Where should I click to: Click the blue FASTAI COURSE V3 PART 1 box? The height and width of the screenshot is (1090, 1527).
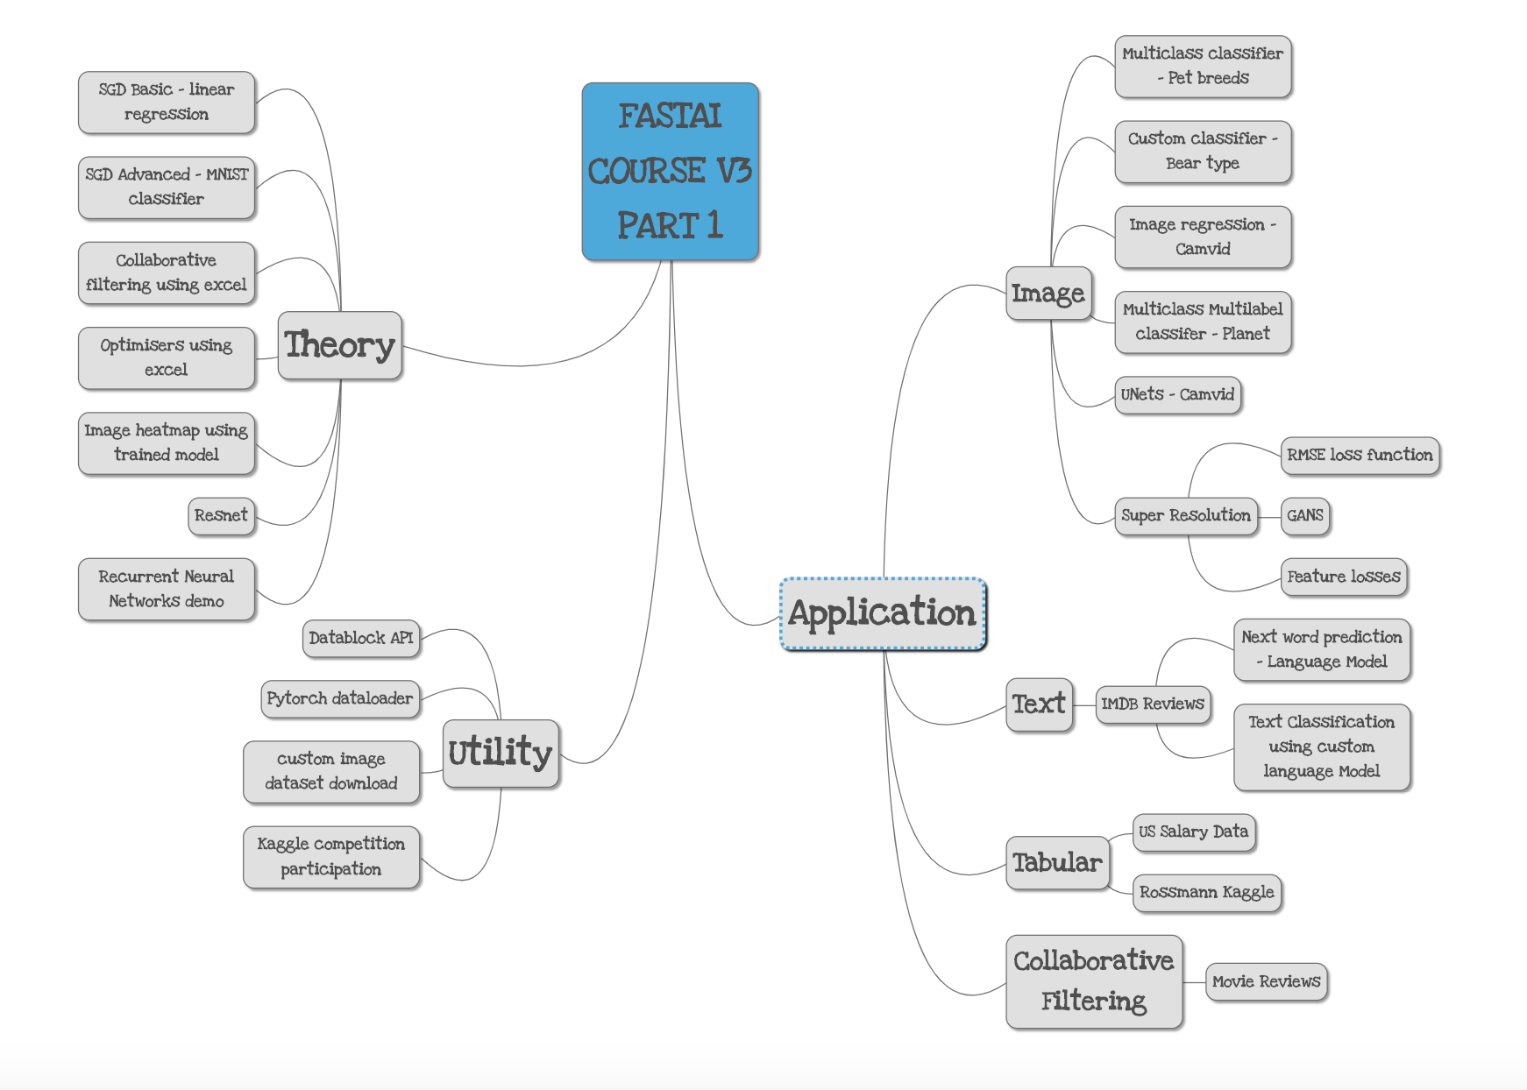pyautogui.click(x=671, y=171)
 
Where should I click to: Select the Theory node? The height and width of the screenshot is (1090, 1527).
pyautogui.click(x=340, y=345)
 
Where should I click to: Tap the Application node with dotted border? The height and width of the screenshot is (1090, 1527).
pyautogui.click(x=883, y=613)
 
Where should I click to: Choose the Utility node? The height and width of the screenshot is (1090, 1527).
pyautogui.click(x=501, y=753)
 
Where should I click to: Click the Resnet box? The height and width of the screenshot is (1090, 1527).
pyautogui.click(x=221, y=515)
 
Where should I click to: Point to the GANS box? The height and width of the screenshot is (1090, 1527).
pyautogui.click(x=1305, y=515)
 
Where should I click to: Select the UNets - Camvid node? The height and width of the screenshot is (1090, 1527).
pyautogui.click(x=1177, y=394)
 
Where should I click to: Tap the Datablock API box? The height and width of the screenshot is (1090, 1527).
pyautogui.click(x=361, y=638)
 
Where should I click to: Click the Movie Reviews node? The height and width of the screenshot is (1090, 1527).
pyautogui.click(x=1266, y=981)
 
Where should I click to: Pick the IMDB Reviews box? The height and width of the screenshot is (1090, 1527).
pyautogui.click(x=1153, y=704)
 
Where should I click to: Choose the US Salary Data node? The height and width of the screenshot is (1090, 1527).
pyautogui.click(x=1194, y=832)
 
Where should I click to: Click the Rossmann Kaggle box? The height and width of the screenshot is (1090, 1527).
pyautogui.click(x=1207, y=892)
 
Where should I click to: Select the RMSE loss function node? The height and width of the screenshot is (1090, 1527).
pyautogui.click(x=1360, y=455)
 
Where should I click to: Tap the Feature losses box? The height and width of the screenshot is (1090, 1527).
pyautogui.click(x=1344, y=577)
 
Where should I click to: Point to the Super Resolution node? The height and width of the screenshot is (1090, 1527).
pyautogui.click(x=1186, y=515)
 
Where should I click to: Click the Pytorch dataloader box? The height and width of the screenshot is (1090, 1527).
pyautogui.click(x=340, y=698)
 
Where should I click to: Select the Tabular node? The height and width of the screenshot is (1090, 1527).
pyautogui.click(x=1057, y=862)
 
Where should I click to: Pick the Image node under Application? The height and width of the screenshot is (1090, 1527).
pyautogui.click(x=1048, y=294)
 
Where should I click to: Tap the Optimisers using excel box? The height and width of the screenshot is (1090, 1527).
pyautogui.click(x=167, y=357)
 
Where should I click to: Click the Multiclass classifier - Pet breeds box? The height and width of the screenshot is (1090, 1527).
pyautogui.click(x=1203, y=66)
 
